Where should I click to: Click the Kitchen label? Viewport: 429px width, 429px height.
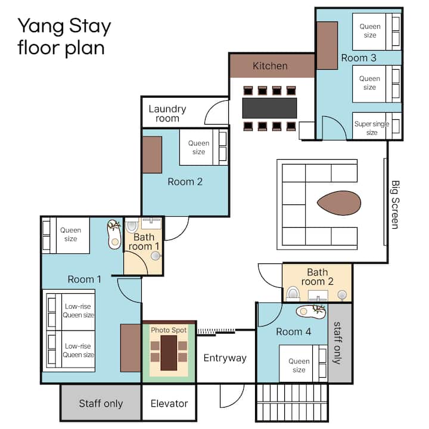(x=270, y=66)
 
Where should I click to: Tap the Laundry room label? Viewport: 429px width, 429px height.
(x=167, y=114)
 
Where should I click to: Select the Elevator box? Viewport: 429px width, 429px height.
(x=169, y=403)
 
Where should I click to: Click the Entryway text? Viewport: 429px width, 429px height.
(x=225, y=358)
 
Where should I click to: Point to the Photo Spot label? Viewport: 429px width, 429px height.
(x=169, y=330)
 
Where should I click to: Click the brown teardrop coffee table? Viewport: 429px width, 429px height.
(x=339, y=203)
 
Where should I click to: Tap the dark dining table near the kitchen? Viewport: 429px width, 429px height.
(x=269, y=108)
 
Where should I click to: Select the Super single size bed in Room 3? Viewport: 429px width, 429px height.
(x=377, y=126)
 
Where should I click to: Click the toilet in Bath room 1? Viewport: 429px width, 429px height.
(x=132, y=226)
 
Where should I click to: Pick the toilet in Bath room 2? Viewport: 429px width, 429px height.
(x=293, y=294)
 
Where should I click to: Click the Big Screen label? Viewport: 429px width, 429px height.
(x=395, y=204)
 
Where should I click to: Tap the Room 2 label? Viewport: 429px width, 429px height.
(x=185, y=182)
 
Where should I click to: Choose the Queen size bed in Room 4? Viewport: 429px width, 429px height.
(x=303, y=363)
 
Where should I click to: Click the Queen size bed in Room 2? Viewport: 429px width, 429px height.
(x=203, y=147)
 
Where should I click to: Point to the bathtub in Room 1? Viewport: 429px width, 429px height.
(x=114, y=234)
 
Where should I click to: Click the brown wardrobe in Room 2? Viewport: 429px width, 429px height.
(x=152, y=155)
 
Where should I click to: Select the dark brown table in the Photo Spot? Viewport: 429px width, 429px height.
(x=169, y=353)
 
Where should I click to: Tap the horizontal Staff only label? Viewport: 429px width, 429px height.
(x=101, y=403)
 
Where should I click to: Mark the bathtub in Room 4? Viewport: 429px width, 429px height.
(x=311, y=312)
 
